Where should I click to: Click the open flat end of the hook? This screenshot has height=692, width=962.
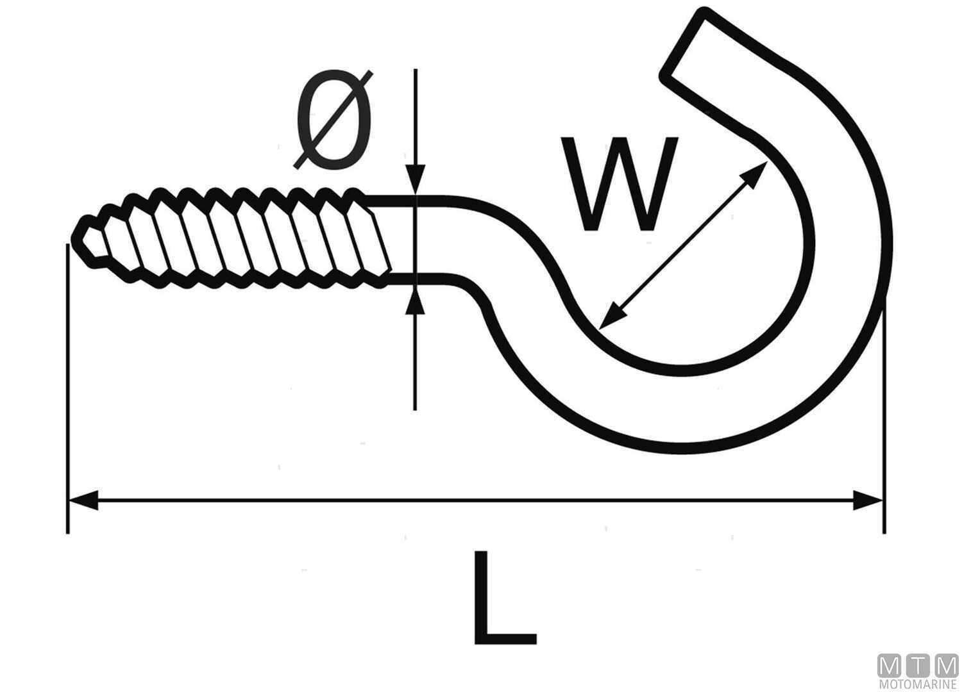pyautogui.click(x=685, y=45)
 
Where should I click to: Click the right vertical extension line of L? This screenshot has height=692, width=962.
pyautogui.click(x=884, y=416)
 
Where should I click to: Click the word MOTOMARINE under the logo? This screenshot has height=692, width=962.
pyautogui.click(x=918, y=685)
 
